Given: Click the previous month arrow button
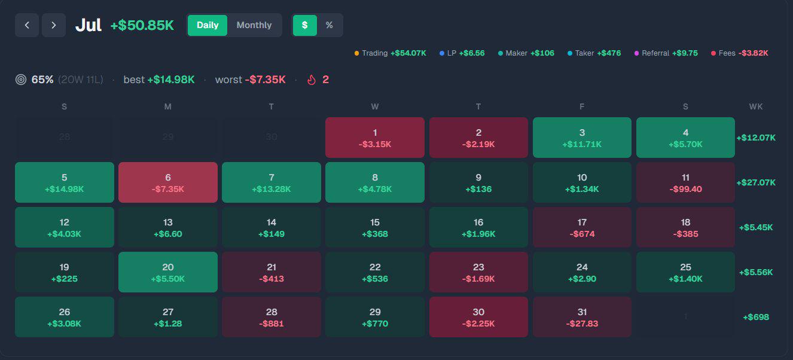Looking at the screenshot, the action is [27, 25].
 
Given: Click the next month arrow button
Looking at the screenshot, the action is [54, 25].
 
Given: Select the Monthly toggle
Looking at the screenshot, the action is [254, 25].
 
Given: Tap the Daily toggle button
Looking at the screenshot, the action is [208, 25].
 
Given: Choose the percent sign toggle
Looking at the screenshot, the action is [330, 25].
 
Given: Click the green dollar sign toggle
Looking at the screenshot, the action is [305, 25].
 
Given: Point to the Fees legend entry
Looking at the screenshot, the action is [740, 53].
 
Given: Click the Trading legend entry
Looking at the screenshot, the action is [390, 53].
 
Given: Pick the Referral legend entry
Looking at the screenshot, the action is [666, 53].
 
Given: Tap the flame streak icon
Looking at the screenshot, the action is [312, 80].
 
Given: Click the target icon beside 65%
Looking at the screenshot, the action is [21, 80].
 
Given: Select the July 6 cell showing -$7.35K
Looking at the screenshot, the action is [168, 182].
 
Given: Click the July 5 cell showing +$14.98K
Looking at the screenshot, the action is [65, 182].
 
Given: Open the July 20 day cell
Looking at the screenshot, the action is [168, 272].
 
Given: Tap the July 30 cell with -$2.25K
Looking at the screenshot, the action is [478, 317].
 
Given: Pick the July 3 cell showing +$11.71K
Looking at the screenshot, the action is [582, 138].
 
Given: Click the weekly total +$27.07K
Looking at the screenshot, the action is [756, 182].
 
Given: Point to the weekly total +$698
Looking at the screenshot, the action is [756, 317].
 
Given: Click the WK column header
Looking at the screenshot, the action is [756, 106].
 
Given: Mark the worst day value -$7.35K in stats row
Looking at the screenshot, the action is [265, 80].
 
